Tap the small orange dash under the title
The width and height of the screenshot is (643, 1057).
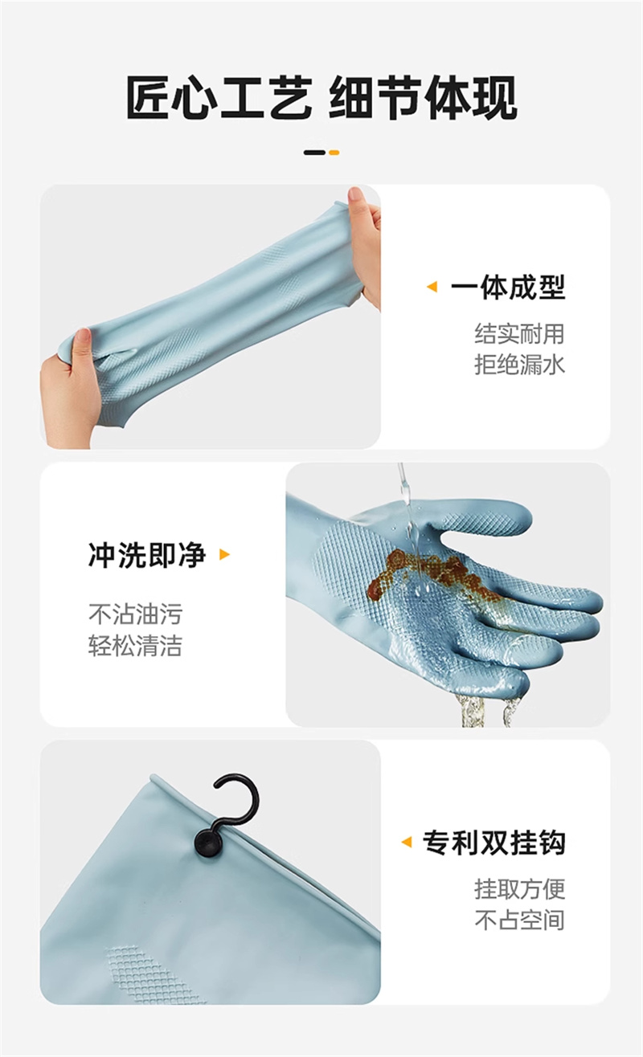pos(334,153)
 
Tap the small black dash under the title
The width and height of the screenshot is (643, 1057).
pos(314,153)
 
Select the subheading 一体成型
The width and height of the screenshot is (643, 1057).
pos(508,287)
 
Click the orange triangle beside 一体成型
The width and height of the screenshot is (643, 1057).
pos(432,287)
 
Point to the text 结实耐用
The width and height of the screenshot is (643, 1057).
pos(519,333)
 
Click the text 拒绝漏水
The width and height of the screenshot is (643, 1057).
pos(519,365)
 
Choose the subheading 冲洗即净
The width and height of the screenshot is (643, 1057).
pos(147,555)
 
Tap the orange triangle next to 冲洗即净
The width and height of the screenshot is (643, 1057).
pos(225,554)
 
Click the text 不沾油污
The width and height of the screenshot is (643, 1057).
pos(136,614)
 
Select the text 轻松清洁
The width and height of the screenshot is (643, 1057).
pos(136,645)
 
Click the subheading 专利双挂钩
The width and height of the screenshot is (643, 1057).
pos(494,843)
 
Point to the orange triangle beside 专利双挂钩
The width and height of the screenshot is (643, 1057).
pos(406,842)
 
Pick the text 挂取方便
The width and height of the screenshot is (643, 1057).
pos(519,889)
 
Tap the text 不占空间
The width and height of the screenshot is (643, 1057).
pos(519,920)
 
